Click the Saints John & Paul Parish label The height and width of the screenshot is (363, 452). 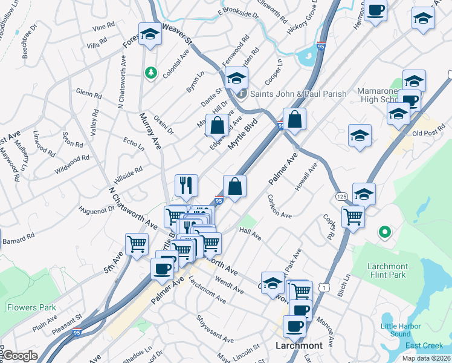299,94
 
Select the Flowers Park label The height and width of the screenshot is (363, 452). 31,307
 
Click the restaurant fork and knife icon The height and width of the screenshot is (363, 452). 186,185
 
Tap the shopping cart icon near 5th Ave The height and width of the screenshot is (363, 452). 137,244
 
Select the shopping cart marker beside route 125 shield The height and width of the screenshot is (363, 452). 353,216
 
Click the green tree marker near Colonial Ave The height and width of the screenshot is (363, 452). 150,73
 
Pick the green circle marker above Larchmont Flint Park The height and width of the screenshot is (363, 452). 384,232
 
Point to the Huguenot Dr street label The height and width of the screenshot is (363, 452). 96,210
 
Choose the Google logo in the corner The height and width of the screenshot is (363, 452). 19,356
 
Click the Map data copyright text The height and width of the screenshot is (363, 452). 426,358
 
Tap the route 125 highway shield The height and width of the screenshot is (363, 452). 341,197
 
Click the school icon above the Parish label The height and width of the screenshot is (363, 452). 237,77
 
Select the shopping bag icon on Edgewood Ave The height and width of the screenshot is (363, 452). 218,125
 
